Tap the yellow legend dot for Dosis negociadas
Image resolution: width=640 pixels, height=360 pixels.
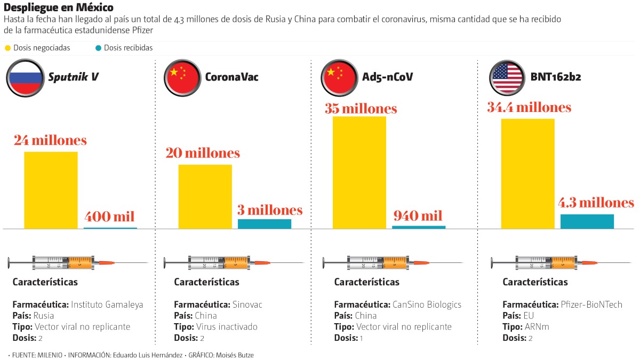(8, 48)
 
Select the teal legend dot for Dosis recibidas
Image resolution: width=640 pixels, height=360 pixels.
(98, 48)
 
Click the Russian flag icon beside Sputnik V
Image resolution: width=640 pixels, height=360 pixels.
(25, 78)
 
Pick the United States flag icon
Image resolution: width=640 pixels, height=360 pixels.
(508, 78)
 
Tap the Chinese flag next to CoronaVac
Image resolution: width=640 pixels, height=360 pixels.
(182, 78)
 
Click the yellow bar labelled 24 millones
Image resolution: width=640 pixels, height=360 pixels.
(51, 190)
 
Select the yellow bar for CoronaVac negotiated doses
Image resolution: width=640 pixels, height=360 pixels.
(205, 196)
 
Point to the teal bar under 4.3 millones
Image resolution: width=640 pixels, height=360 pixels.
(587, 221)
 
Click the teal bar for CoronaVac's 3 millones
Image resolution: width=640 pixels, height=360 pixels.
(265, 223)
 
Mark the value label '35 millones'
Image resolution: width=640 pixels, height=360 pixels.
(361, 109)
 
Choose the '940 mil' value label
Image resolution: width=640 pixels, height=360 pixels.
(418, 216)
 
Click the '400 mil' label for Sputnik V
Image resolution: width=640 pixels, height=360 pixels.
(109, 217)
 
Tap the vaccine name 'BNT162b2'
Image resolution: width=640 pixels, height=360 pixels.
(556, 77)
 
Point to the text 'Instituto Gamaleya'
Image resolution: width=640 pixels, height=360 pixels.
(107, 305)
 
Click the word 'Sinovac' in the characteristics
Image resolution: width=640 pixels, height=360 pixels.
(247, 305)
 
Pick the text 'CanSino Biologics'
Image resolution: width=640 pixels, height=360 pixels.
(427, 305)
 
